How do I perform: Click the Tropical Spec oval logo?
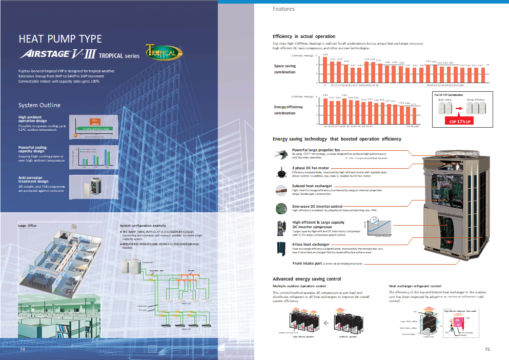click(161, 54)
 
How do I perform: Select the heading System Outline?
click(39, 105)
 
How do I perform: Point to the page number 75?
click(487, 349)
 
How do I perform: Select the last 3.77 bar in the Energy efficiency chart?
click(413, 114)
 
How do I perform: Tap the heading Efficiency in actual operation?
click(304, 36)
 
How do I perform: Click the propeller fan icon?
click(281, 153)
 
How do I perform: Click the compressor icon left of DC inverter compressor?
click(282, 227)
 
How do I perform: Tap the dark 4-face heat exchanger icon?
click(282, 249)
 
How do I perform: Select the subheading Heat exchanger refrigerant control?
click(415, 286)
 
